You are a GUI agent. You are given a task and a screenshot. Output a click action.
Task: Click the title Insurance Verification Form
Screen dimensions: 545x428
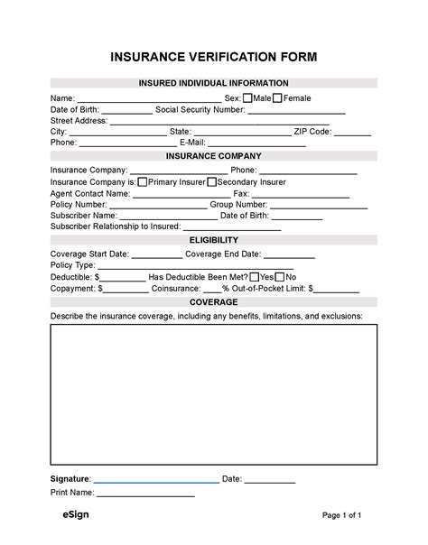pyautogui.click(x=214, y=58)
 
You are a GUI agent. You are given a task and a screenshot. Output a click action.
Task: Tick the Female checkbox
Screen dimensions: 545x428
pyautogui.click(x=277, y=97)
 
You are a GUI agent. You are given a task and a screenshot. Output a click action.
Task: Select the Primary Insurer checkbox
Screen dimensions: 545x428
pyautogui.click(x=143, y=181)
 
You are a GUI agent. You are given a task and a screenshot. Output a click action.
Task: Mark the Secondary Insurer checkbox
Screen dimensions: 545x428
pyautogui.click(x=212, y=181)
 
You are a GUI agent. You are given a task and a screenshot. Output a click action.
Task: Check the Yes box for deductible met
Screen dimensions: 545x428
pyautogui.click(x=255, y=277)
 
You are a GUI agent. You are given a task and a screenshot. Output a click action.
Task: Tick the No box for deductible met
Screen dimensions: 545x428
pyautogui.click(x=280, y=277)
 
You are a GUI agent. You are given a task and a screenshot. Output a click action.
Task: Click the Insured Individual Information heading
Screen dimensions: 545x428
pyautogui.click(x=214, y=83)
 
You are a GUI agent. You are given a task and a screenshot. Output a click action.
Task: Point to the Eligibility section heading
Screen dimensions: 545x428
pyautogui.click(x=214, y=240)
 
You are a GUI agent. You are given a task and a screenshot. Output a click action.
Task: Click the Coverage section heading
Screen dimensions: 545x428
pyautogui.click(x=214, y=301)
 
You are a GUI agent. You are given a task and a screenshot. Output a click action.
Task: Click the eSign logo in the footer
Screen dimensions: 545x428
pyautogui.click(x=63, y=515)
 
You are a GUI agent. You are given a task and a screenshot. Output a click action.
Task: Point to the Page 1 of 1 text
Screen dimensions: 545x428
pyautogui.click(x=342, y=516)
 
